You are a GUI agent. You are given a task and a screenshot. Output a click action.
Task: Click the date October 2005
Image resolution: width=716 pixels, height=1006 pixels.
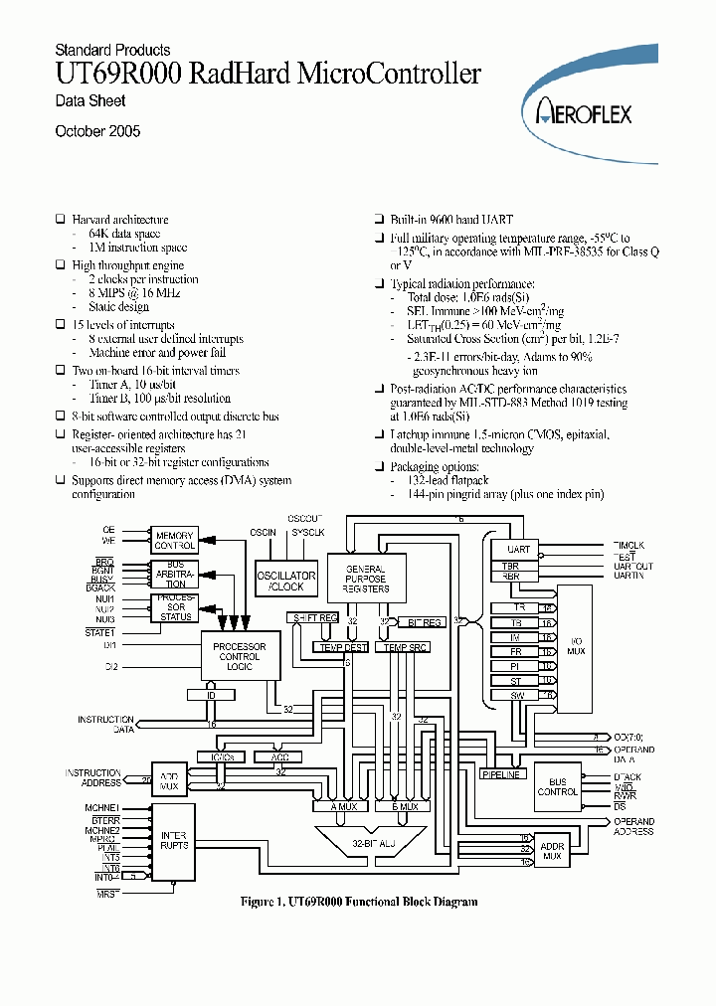(97, 131)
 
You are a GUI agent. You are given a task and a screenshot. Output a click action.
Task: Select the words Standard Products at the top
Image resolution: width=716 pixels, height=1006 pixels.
(112, 50)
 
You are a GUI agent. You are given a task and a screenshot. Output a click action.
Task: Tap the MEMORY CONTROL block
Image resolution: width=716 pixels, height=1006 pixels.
(174, 541)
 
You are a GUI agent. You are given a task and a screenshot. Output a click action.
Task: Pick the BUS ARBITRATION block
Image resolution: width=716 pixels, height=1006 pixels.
(174, 575)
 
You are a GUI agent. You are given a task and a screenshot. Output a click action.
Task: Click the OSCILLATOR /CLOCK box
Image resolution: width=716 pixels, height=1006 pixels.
(286, 581)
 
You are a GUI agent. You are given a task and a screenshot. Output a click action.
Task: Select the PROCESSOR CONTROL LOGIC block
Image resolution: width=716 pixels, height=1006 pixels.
(240, 655)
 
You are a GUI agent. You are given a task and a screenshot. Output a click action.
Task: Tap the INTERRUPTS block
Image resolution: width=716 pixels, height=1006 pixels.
(174, 839)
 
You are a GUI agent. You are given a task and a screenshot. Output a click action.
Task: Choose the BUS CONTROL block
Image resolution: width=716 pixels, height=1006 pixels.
(557, 785)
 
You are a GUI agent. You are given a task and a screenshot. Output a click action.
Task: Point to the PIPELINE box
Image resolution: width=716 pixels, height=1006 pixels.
(500, 773)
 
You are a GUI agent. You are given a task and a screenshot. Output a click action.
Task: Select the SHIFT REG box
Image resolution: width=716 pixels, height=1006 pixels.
(314, 618)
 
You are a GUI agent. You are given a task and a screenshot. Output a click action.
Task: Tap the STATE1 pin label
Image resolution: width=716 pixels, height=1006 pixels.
(100, 631)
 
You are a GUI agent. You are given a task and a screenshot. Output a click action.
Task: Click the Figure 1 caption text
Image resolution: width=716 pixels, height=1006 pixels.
(359, 902)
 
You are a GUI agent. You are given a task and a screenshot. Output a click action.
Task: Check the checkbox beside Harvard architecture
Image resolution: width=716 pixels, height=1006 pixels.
(60, 220)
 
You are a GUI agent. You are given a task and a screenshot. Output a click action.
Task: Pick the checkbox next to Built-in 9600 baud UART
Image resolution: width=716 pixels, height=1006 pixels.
(379, 219)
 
